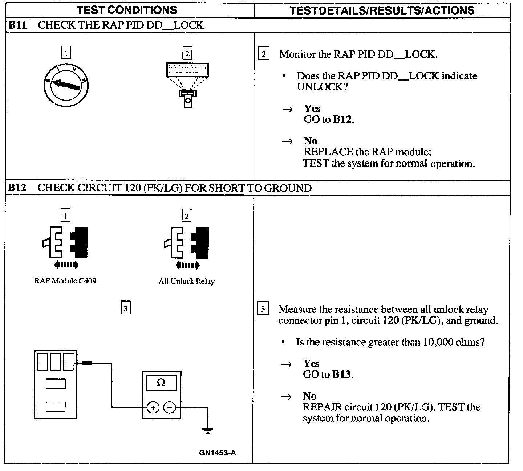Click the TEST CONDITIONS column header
tap(127, 10)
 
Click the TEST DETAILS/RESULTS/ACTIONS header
tap(382, 10)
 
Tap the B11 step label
tap(18, 25)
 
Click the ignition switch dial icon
tap(66, 84)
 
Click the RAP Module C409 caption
tap(65, 281)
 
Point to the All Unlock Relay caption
tap(186, 281)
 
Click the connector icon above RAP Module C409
tap(66, 243)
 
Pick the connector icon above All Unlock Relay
tap(187, 243)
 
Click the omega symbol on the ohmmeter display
tap(161, 383)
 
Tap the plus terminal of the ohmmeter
tap(153, 408)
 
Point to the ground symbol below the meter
tap(207, 431)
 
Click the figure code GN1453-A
tap(218, 452)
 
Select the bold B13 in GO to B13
tap(342, 374)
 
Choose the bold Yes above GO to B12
tap(312, 108)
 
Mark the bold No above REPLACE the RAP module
tap(310, 141)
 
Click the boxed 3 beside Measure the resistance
tap(263, 309)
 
